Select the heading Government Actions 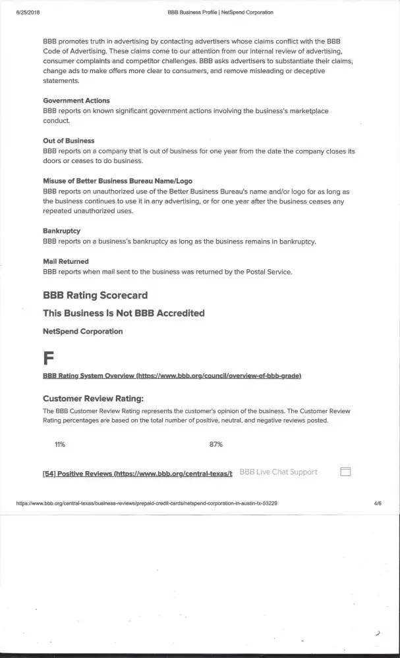(x=76, y=101)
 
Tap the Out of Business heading (x=68, y=141)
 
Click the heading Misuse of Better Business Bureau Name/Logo (x=117, y=181)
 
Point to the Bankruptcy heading (x=61, y=231)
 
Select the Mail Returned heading (x=65, y=261)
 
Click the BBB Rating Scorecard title (x=95, y=295)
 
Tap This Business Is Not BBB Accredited (x=123, y=313)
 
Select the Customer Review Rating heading (x=93, y=398)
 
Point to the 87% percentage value (x=215, y=444)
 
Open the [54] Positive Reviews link (x=137, y=473)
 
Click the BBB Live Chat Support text (x=278, y=472)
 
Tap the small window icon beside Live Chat (x=345, y=472)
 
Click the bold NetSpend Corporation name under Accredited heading (x=82, y=331)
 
